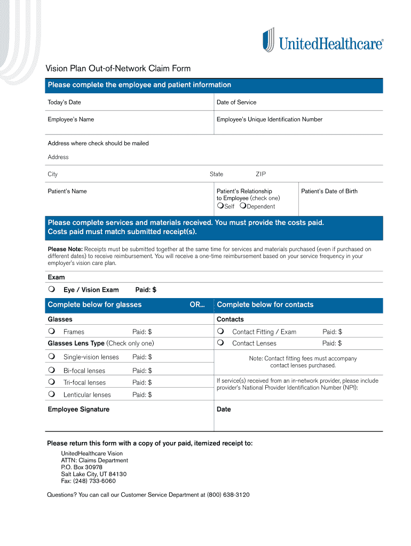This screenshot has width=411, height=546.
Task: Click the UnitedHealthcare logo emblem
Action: point(268,41)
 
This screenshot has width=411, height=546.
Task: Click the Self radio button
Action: point(220,206)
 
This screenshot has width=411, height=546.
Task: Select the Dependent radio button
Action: point(243,206)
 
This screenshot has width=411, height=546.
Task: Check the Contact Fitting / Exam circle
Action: point(220,332)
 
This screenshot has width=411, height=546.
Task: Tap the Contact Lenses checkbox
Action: point(220,343)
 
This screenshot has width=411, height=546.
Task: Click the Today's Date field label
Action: point(64,102)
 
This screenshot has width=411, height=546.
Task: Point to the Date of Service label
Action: point(236,102)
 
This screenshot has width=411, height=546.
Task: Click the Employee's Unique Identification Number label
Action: point(269,119)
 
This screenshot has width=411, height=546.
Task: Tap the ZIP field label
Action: point(260,174)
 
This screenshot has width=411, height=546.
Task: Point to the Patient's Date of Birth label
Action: point(329,191)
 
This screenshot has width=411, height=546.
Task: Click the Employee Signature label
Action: point(78,409)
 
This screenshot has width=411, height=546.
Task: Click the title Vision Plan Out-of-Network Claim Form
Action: point(117,69)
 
